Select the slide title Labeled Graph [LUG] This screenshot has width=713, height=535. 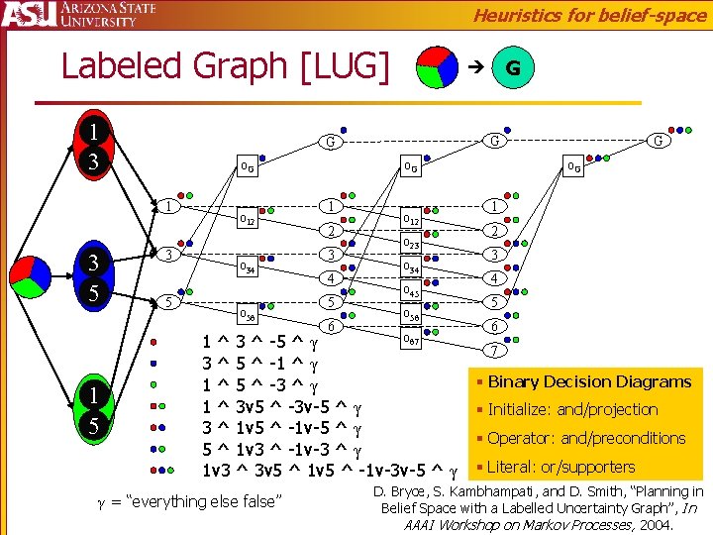(226, 65)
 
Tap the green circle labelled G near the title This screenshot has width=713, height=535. (512, 68)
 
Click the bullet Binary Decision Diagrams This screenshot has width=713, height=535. (589, 381)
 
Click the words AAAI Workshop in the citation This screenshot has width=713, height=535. (452, 525)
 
